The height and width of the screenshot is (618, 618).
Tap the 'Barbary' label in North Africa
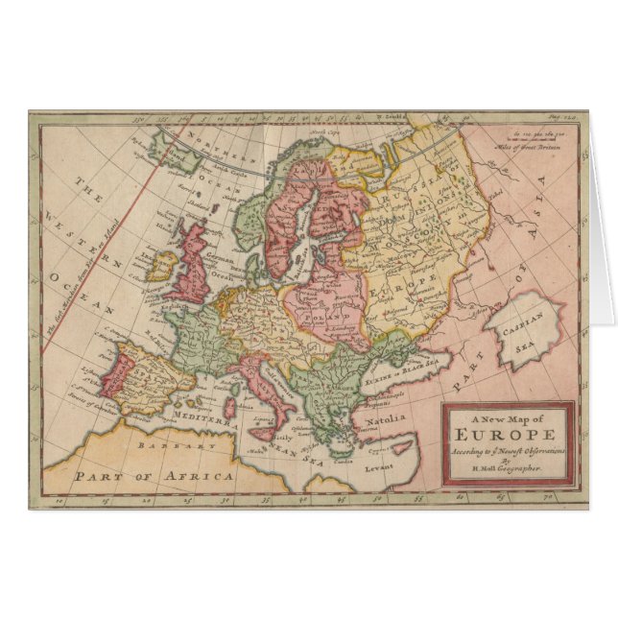point(171,447)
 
